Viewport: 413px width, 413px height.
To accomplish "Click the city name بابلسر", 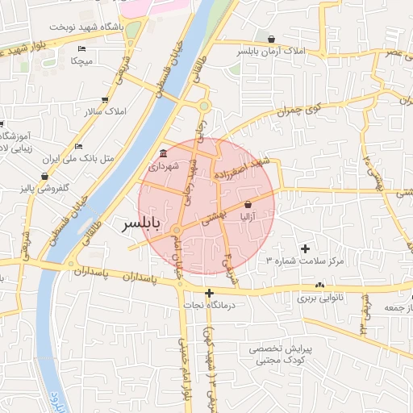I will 140,223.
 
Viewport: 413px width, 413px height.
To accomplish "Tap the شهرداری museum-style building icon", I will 164,153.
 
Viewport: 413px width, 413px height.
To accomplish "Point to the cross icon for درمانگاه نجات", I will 209,293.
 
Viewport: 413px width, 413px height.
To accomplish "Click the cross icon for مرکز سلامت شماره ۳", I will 304,248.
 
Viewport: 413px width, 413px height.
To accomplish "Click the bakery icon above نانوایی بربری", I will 321,285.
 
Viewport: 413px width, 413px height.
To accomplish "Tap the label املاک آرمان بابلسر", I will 271,50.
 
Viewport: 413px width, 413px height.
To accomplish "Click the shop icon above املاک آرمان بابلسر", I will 271,38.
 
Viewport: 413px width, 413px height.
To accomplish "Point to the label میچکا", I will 83,61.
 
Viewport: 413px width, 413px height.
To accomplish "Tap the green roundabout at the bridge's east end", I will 204,106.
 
